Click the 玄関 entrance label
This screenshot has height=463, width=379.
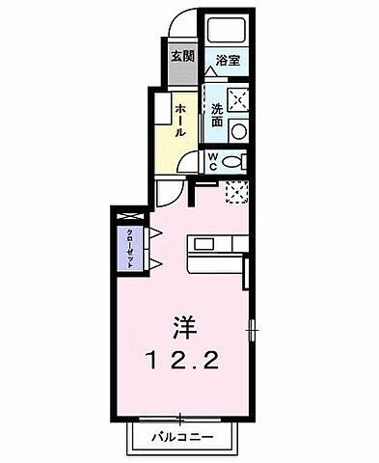[x=182, y=56]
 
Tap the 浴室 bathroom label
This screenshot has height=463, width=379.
[x=228, y=60]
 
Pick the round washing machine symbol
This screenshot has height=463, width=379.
[x=239, y=130]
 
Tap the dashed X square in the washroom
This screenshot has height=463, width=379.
[x=237, y=98]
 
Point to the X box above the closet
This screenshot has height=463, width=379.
[x=126, y=214]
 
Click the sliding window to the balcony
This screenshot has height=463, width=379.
[x=182, y=421]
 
